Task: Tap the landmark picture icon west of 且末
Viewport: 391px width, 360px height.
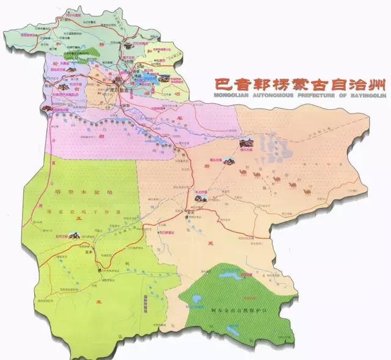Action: click(74, 236)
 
